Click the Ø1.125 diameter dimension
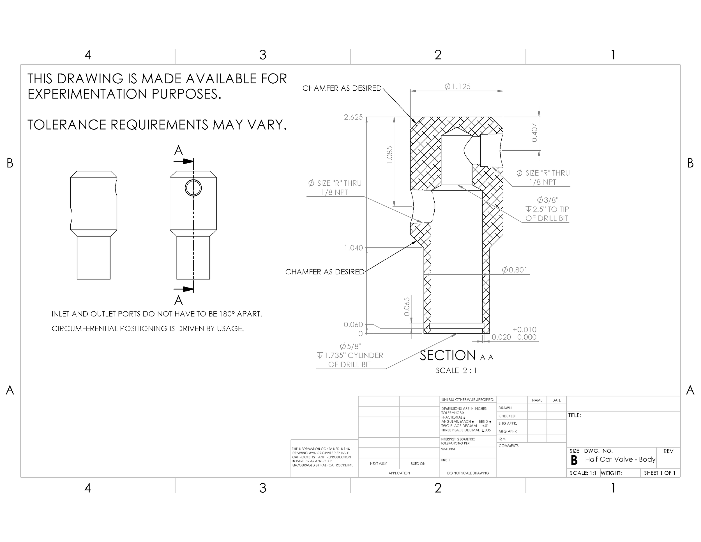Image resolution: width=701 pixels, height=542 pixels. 457,86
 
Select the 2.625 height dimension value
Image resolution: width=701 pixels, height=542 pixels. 353,117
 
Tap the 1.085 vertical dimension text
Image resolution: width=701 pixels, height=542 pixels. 389,155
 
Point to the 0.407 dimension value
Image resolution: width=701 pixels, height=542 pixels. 534,132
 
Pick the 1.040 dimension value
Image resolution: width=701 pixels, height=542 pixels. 353,248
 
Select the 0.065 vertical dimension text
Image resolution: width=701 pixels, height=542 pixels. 407,306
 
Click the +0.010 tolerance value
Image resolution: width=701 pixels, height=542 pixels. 524,329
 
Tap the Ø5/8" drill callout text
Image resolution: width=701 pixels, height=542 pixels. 350,346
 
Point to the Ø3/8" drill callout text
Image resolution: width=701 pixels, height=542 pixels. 548,200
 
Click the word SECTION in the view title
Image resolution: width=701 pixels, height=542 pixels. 448,355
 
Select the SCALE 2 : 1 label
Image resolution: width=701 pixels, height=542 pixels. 456,371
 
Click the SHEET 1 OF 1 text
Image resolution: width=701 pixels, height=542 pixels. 660,473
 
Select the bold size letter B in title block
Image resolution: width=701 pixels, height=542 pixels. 574,460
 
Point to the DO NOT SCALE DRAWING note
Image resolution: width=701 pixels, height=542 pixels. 468,473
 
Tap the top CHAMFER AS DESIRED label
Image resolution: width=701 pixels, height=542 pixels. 342,88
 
